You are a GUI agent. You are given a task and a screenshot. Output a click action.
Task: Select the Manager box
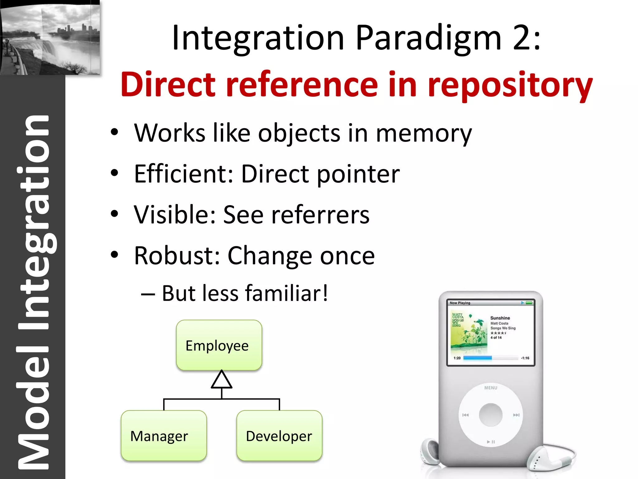coord(164,435)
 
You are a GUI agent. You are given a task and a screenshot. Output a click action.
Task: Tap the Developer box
coord(279,435)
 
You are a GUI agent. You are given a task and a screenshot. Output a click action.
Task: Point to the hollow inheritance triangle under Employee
coord(221,380)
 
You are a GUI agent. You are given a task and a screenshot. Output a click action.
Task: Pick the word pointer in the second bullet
coord(358,174)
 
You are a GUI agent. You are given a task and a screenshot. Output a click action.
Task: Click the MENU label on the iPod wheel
coord(491,388)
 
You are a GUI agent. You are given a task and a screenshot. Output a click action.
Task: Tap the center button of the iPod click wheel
coord(491,415)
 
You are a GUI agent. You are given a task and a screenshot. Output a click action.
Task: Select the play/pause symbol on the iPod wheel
coord(491,442)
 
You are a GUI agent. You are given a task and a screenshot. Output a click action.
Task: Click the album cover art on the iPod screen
coord(469,331)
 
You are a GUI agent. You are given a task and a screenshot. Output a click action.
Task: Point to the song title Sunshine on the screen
coord(500,318)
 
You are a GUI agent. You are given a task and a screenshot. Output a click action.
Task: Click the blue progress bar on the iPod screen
coord(477,358)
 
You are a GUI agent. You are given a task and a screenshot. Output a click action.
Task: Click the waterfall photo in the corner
coord(50,37)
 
